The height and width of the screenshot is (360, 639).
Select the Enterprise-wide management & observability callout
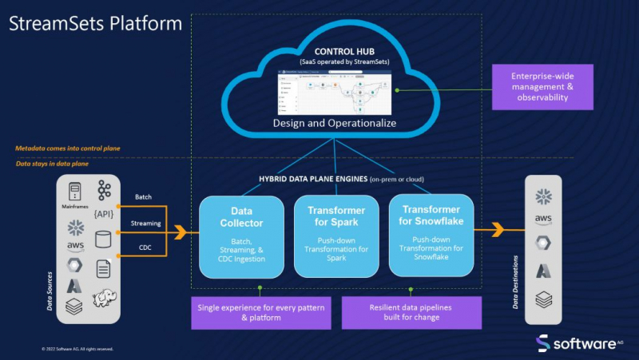point(542,86)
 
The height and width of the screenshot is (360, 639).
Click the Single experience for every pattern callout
point(260,312)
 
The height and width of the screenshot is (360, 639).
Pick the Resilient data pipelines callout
point(411,312)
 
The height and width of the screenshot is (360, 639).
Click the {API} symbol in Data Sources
point(104,215)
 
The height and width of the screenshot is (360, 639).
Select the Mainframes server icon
point(75,191)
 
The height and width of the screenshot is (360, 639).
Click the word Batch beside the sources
point(144,197)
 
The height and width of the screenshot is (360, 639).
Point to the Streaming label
point(146,224)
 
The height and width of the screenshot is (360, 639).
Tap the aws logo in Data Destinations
point(543,220)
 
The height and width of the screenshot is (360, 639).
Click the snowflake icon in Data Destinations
point(543,196)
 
